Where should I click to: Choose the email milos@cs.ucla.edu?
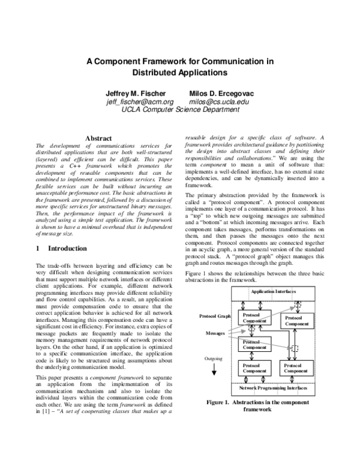pyautogui.click(x=223, y=102)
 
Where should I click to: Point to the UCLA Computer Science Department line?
pyautogui.click(x=180, y=110)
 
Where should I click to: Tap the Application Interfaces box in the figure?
pyautogui.click(x=273, y=291)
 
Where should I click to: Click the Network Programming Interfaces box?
pyautogui.click(x=273, y=389)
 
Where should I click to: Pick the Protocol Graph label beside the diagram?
pyautogui.click(x=215, y=316)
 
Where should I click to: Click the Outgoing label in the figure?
pyautogui.click(x=214, y=359)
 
